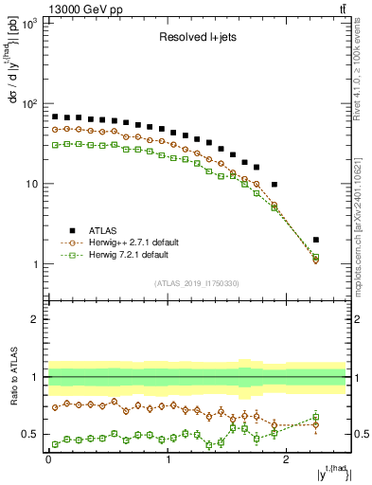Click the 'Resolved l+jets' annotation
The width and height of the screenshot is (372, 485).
click(x=197, y=40)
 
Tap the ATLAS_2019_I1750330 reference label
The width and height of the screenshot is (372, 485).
click(x=196, y=283)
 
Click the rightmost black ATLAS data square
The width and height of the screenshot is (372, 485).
click(x=316, y=240)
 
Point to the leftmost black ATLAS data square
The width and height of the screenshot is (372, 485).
click(x=55, y=117)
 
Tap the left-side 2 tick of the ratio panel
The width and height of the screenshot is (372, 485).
click(x=35, y=319)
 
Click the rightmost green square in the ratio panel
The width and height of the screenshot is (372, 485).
click(x=316, y=417)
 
